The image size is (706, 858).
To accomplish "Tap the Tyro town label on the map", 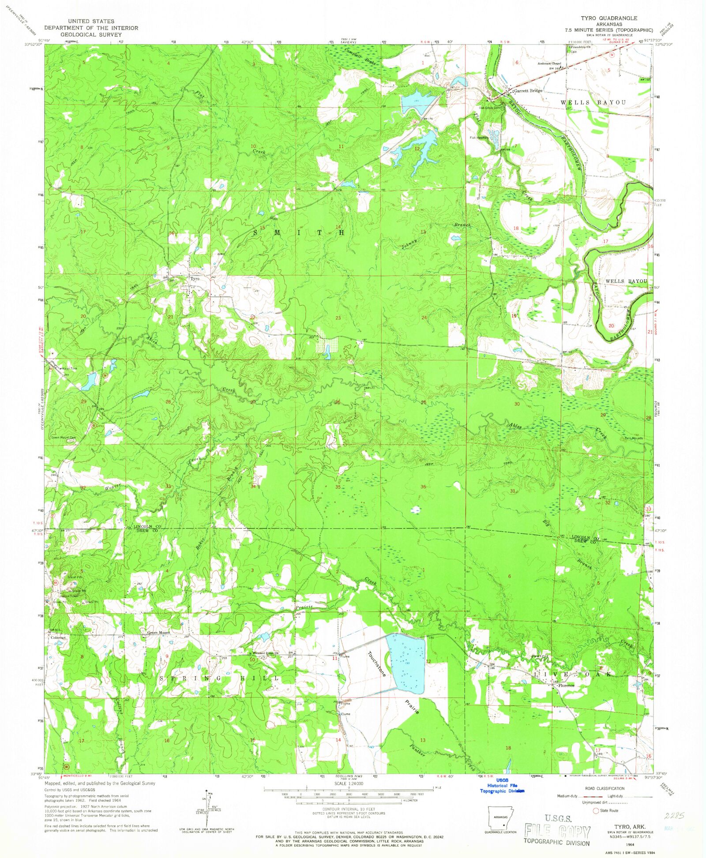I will point(195,279).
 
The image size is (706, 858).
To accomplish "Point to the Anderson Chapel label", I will point(548,63).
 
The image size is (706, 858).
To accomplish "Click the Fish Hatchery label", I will point(478,138).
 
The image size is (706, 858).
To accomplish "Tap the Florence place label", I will point(566,686).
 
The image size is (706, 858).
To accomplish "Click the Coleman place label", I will point(58,637).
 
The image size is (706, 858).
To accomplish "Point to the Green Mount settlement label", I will point(158,633).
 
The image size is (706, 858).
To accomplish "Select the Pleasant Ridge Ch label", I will point(265,653).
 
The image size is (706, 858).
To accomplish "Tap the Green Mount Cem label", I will point(64,438).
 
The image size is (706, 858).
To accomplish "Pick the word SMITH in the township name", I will point(298,232).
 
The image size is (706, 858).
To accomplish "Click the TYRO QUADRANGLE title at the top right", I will point(608,18).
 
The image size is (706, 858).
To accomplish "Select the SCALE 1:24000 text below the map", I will point(348,783).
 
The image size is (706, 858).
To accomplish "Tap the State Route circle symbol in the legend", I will point(595,810).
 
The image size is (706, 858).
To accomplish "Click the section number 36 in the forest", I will point(423,487).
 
